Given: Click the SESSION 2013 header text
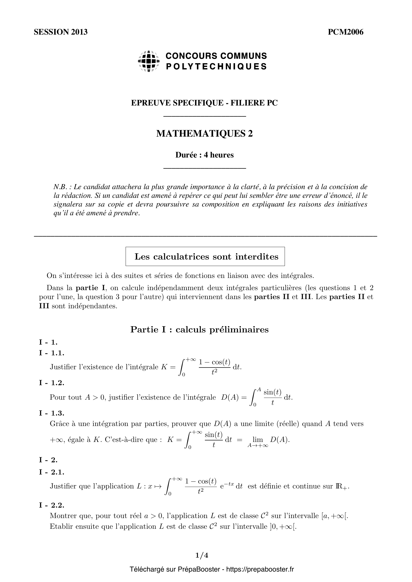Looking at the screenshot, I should [x=60, y=32].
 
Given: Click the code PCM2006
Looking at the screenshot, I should [x=345, y=32].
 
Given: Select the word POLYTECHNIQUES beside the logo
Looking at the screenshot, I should [x=216, y=66].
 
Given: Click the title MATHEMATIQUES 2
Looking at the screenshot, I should [x=204, y=134].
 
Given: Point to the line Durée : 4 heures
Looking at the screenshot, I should [x=204, y=155].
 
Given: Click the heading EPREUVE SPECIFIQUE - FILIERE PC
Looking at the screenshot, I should [x=204, y=103].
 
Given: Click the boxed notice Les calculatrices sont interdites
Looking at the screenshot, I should [x=205, y=257].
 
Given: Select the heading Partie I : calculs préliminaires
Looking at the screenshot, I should [x=199, y=329].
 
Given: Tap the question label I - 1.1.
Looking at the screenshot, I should [x=52, y=353].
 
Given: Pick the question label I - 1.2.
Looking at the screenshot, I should [x=52, y=382].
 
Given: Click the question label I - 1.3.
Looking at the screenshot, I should [x=52, y=413].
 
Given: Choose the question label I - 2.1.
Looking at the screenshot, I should [x=52, y=472].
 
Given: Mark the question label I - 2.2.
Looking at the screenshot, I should [x=52, y=505].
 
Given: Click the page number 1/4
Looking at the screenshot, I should [x=202, y=555].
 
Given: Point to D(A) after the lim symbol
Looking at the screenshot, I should [x=279, y=440].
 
